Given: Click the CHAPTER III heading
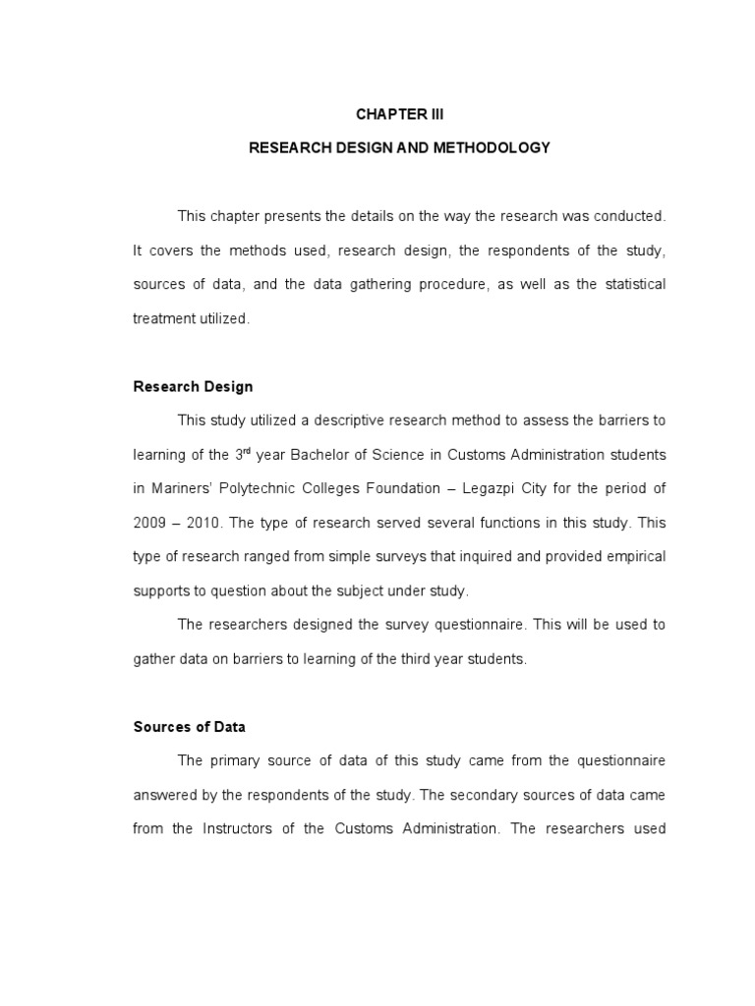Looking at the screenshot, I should [399, 114].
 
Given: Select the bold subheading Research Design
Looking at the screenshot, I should [193, 386].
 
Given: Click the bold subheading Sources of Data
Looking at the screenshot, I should [189, 727].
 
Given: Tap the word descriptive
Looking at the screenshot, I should [347, 420].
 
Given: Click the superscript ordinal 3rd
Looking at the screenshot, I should [243, 453].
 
